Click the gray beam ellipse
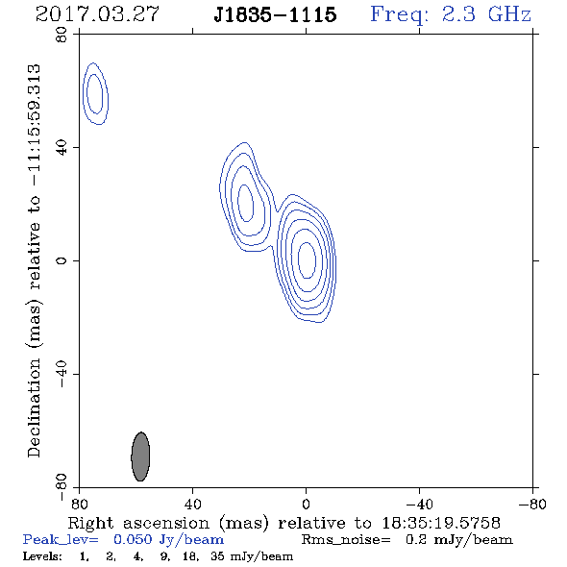[x=140, y=456]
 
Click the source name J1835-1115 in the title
[x=275, y=14]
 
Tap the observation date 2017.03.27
[x=97, y=14]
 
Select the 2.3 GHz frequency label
[x=486, y=14]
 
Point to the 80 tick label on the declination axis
[x=62, y=35]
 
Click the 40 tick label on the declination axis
[x=62, y=148]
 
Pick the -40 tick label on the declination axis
[x=62, y=374]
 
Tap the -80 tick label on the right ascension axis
[x=532, y=504]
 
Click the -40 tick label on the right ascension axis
[x=419, y=504]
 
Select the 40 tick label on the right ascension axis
[x=193, y=504]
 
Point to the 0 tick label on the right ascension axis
[x=306, y=504]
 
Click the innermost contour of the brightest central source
[x=298, y=260]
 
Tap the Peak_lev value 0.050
[x=133, y=539]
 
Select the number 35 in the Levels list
[x=217, y=555]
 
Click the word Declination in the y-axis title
[x=34, y=407]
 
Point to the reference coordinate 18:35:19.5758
[x=441, y=523]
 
